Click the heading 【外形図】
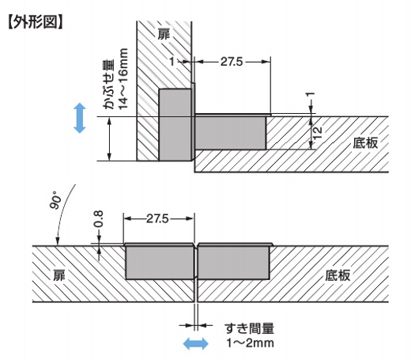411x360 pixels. pyautogui.click(x=36, y=22)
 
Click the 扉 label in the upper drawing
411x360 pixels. pyautogui.click(x=164, y=34)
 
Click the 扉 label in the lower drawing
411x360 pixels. pyautogui.click(x=58, y=275)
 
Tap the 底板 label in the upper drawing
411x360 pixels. pyautogui.click(x=365, y=142)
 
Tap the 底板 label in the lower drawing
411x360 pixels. pyautogui.click(x=337, y=275)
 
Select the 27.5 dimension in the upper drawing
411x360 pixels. pyautogui.click(x=232, y=62)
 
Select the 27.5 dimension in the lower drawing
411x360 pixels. pyautogui.click(x=157, y=218)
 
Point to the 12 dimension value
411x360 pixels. pyautogui.click(x=319, y=133)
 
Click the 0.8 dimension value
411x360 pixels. pyautogui.click(x=99, y=219)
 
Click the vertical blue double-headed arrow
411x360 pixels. pyautogui.click(x=80, y=118)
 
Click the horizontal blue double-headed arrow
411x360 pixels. pyautogui.click(x=196, y=343)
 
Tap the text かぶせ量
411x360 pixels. pyautogui.click(x=109, y=85)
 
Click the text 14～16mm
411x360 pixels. pyautogui.click(x=123, y=78)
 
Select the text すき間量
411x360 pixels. pyautogui.click(x=249, y=328)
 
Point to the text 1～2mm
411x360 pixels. pyautogui.click(x=251, y=343)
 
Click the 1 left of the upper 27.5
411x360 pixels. pyautogui.click(x=172, y=62)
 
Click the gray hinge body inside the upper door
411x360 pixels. pyautogui.click(x=175, y=124)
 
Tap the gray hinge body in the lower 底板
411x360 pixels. pyautogui.click(x=234, y=262)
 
